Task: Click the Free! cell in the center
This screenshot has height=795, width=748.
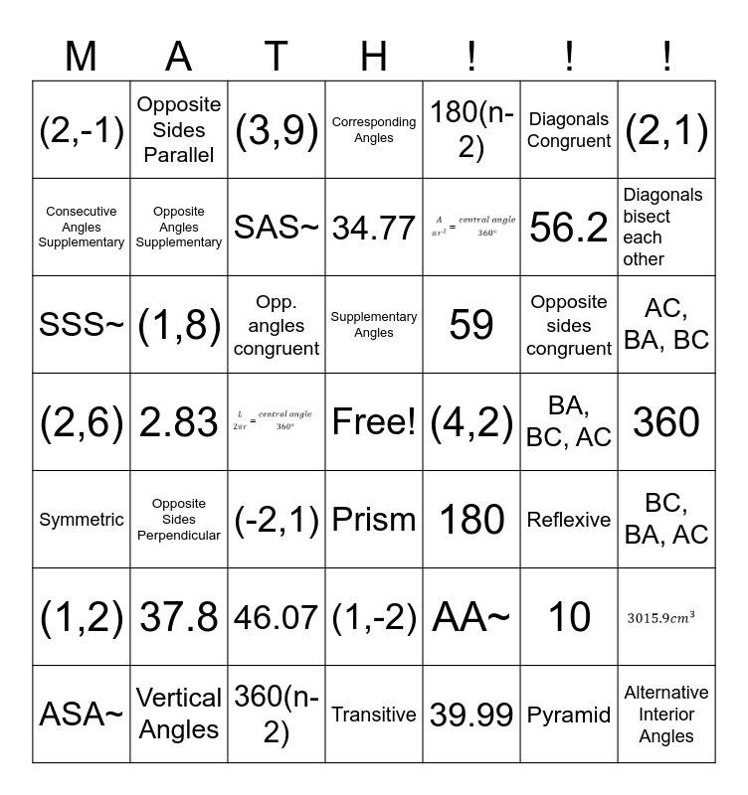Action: pos(374,422)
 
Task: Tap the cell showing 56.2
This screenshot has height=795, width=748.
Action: pos(569,228)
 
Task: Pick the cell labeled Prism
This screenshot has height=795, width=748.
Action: pos(374,520)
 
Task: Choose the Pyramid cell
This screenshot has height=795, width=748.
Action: pos(569,715)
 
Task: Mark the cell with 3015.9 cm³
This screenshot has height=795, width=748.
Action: pos(666,617)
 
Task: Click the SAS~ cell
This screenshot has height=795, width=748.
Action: pos(277,228)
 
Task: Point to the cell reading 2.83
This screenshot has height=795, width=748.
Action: pos(179,422)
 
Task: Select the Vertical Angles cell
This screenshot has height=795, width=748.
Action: pos(179,715)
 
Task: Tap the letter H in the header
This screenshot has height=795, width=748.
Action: pos(374,57)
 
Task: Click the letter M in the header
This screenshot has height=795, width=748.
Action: pos(82,57)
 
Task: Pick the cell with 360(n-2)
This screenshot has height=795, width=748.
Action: pos(277,715)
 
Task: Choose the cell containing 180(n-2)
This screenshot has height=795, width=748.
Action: pos(471,130)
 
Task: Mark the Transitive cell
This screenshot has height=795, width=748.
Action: pos(374,715)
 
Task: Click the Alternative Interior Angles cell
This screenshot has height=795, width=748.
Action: pos(666,715)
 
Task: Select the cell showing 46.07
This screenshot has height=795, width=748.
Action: pos(277,617)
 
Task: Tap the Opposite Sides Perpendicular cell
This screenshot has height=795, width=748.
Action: pos(179,520)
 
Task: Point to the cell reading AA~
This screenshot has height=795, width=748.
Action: pos(471,617)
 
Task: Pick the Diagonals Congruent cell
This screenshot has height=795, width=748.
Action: pos(569,130)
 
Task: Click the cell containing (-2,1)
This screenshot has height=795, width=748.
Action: pos(277,520)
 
